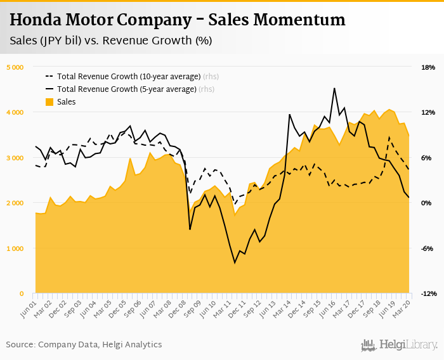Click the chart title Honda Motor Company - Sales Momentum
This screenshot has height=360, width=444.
click(178, 20)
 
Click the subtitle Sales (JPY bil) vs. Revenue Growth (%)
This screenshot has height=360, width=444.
click(111, 41)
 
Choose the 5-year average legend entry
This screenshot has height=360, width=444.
click(127, 89)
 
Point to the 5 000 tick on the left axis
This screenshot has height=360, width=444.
click(15, 67)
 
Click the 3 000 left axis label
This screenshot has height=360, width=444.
click(15, 158)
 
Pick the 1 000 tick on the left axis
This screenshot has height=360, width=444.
click(15, 248)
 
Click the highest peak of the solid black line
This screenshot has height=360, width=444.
click(334, 89)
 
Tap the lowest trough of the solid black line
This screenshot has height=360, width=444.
click(235, 262)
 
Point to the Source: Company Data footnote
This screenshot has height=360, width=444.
click(84, 344)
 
